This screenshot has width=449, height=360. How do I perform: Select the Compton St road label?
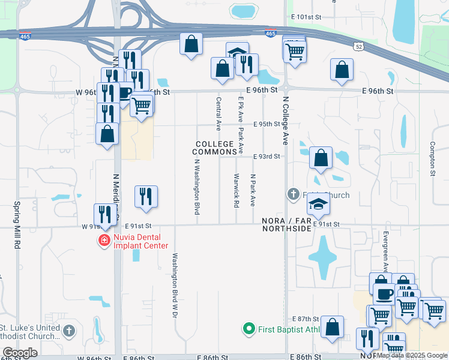[x=432, y=158]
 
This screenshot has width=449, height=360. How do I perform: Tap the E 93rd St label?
[x=267, y=157]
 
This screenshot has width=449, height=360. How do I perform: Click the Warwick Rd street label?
[x=236, y=190]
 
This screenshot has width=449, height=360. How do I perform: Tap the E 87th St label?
[x=305, y=319]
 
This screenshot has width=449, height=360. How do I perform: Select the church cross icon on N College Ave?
[x=293, y=194]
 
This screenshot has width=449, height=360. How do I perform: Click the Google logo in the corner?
[x=20, y=352]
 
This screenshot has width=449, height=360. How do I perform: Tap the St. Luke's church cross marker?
[x=70, y=331]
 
